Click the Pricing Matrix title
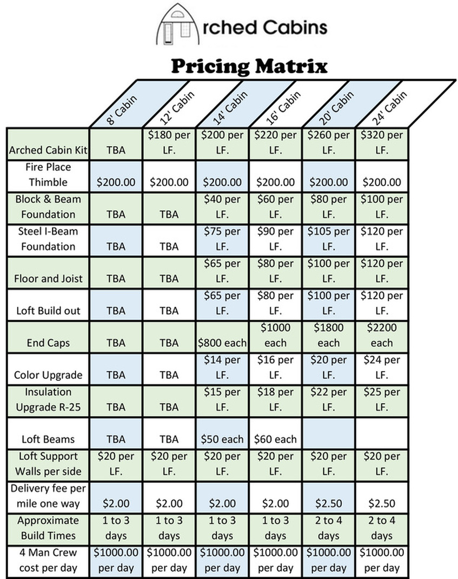coord(250,66)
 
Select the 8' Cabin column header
coord(122,109)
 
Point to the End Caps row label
coord(47,343)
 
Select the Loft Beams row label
coord(48,439)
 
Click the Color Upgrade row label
coord(48,375)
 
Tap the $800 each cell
coord(222,343)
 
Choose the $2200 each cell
coord(382,335)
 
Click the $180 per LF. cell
coord(169,142)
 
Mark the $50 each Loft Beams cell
coord(222,439)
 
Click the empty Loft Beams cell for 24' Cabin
coord(382,433)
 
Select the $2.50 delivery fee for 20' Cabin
coord(328,503)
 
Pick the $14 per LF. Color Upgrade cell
coord(222,367)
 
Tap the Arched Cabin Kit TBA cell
coord(116,150)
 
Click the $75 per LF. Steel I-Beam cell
coord(222,239)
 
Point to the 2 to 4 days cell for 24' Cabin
coord(382,528)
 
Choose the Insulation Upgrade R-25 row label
coord(48,399)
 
